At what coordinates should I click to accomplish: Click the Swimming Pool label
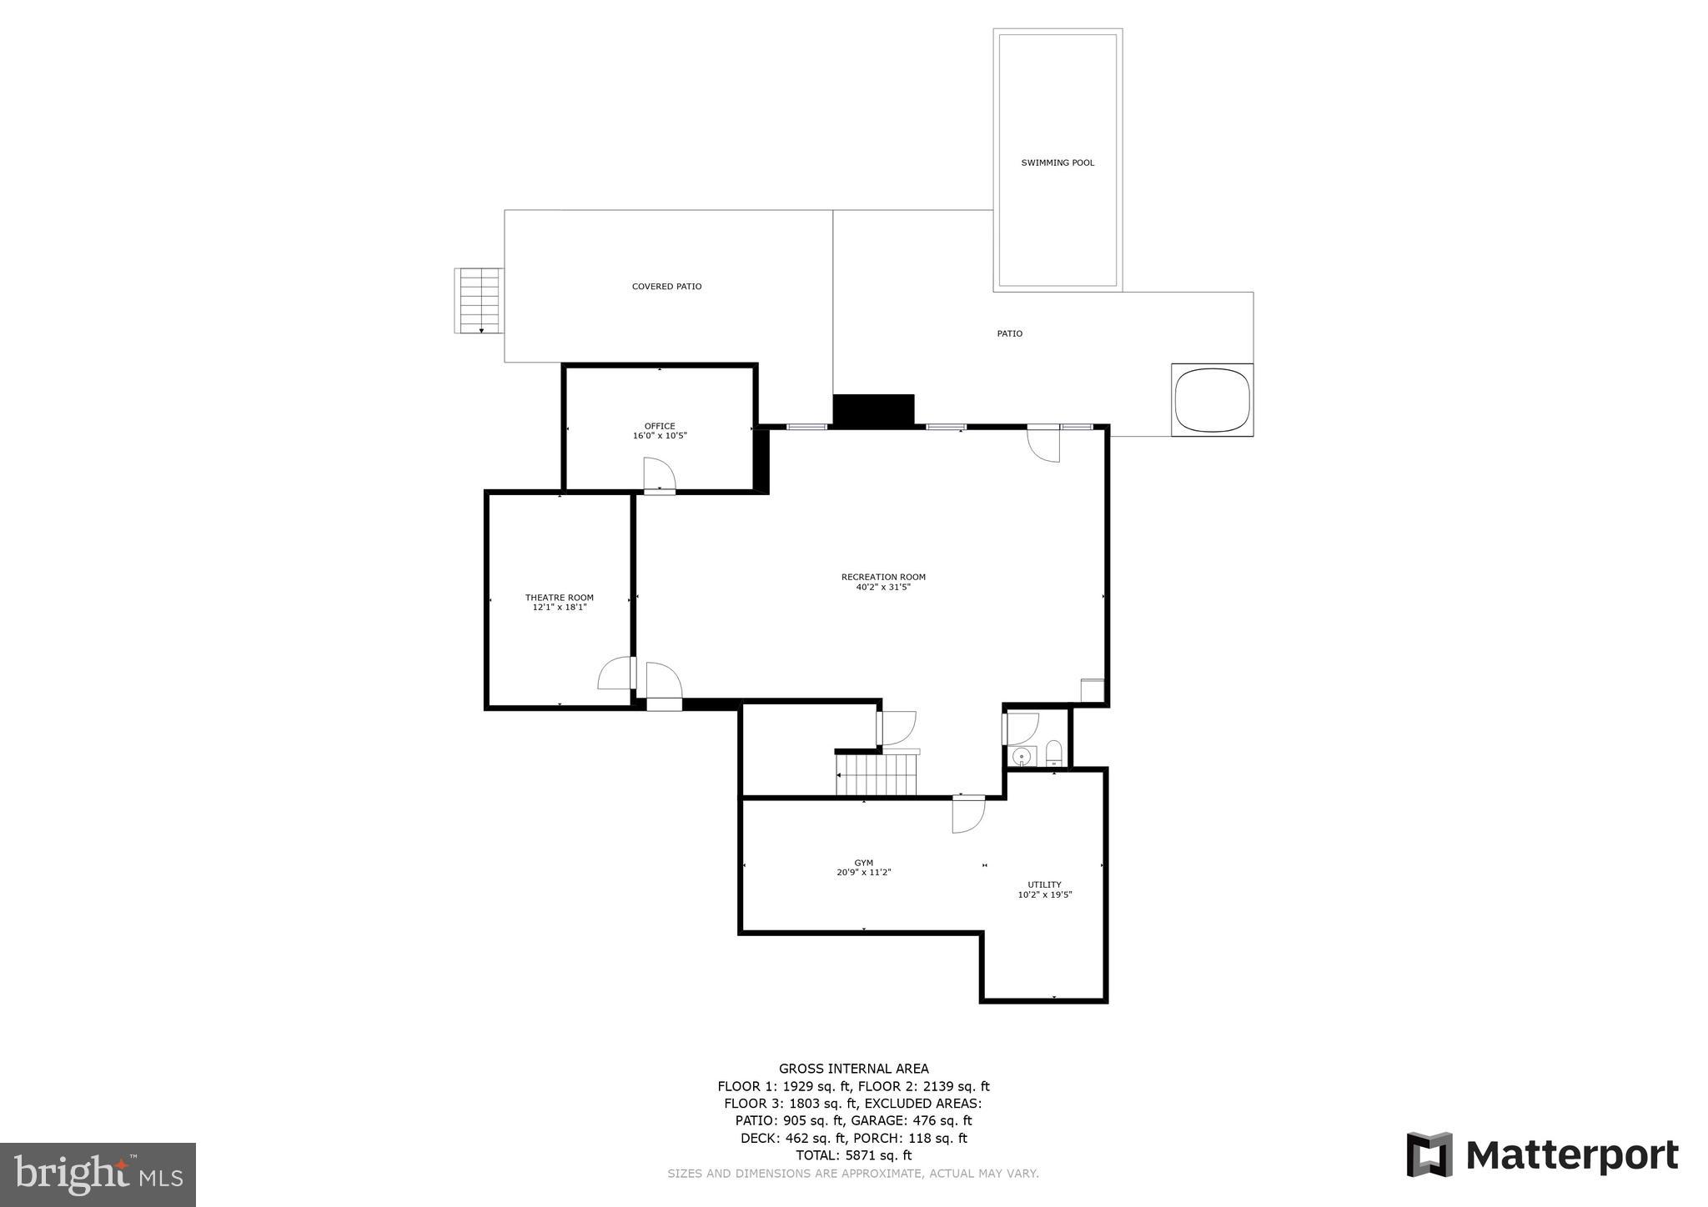[x=1057, y=163]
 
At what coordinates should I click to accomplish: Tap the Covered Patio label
[x=666, y=287]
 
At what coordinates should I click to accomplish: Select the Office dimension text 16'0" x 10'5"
[x=660, y=436]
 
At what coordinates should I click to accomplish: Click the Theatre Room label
[x=559, y=598]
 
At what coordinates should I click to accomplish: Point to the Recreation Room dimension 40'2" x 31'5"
[x=882, y=587]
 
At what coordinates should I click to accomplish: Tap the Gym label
[x=863, y=863]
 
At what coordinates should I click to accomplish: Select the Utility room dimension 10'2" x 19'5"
[x=1044, y=895]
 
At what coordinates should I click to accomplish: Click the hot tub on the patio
[x=1212, y=399]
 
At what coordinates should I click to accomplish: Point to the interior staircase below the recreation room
[x=877, y=774]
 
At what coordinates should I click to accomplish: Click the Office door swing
[x=659, y=474]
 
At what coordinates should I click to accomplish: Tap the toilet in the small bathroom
[x=1053, y=753]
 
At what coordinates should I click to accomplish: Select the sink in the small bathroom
[x=1022, y=756]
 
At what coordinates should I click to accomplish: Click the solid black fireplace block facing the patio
[x=873, y=411]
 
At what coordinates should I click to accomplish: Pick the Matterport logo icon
[x=1429, y=1154]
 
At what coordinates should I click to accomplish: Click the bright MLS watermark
[x=98, y=1174]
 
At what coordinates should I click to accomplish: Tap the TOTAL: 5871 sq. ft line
[x=853, y=1155]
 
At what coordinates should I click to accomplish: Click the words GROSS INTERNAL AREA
[x=853, y=1069]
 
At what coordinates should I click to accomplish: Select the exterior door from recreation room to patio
[x=1043, y=443]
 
